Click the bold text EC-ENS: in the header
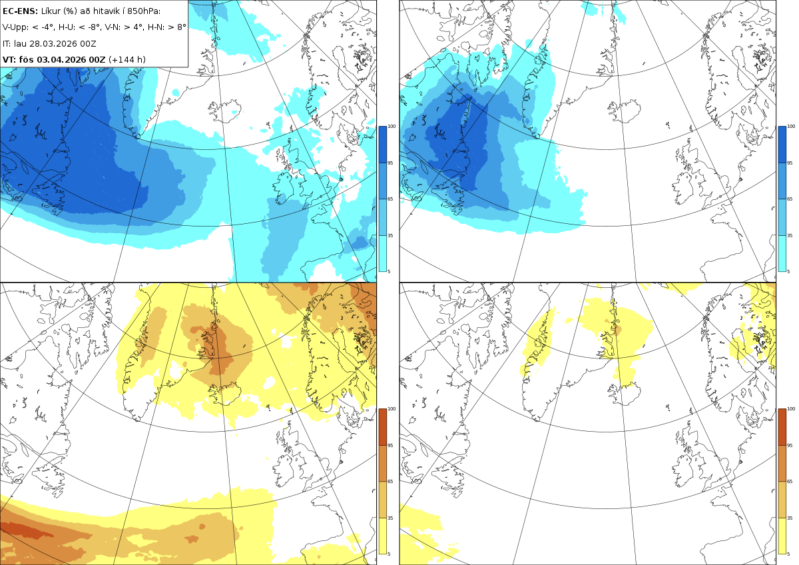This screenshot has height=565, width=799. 20,11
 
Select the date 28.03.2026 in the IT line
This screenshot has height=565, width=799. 53,43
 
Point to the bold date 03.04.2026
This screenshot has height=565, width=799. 62,59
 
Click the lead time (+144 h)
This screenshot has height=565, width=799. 127,59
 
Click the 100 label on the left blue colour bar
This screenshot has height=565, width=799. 392,127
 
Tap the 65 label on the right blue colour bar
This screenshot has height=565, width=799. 790,199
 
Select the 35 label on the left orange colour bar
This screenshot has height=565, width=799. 390,518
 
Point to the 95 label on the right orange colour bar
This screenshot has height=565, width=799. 790,446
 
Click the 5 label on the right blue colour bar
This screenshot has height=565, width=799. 788,271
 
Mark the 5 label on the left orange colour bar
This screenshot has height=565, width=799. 389,554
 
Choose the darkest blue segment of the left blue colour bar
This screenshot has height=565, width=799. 382,145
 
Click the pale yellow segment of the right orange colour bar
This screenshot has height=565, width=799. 782,536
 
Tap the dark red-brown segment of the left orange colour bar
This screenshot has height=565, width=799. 382,427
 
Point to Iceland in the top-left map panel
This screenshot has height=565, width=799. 225,111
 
